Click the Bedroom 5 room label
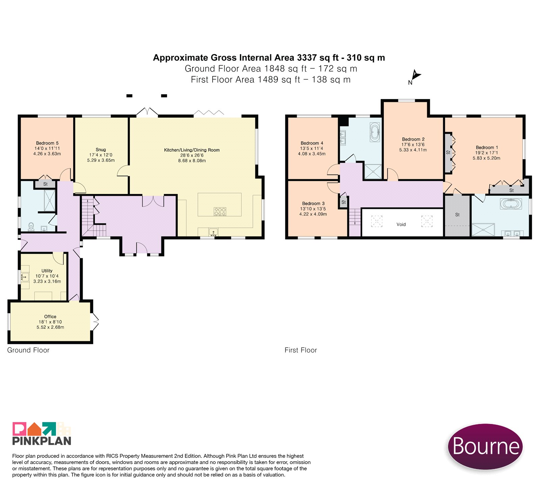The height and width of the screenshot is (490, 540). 47,143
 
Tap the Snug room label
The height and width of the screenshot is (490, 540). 101,150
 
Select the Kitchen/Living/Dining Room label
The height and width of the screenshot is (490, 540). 192,150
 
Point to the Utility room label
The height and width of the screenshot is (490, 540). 47,271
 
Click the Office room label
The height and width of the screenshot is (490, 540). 50,317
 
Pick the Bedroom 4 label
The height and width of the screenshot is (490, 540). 312,143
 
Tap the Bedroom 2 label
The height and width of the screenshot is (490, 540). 413,139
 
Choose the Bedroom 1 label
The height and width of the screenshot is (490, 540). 487,147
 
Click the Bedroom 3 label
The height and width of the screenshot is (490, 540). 313,203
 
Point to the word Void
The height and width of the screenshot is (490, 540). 401,224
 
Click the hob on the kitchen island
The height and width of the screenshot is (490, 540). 220,212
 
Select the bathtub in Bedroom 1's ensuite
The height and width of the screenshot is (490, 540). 511,204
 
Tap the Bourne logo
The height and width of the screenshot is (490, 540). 485,446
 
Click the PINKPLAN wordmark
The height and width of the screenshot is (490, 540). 42,441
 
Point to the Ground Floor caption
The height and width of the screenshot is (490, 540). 28,350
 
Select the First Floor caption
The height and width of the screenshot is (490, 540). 301,350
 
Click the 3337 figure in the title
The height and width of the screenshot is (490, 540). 307,58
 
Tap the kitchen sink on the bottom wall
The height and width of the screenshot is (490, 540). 213,232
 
